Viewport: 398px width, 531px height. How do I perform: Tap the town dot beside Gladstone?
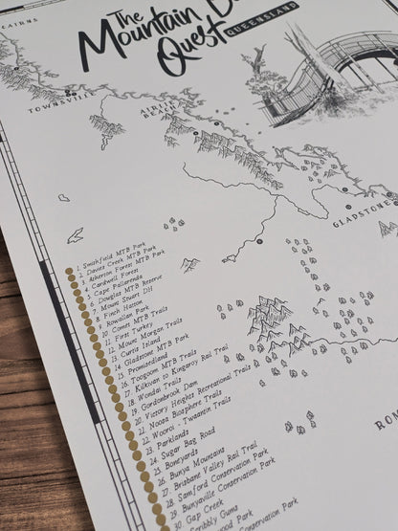[343, 189]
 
